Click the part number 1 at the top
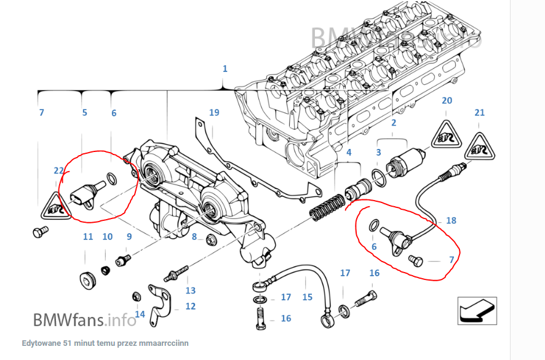[225, 68]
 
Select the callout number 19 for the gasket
[214, 113]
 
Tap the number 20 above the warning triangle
[447, 100]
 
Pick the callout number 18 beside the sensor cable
[451, 220]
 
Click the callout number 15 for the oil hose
[308, 297]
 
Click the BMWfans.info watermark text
[84, 319]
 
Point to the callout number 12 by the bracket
[190, 306]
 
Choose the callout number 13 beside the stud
[190, 290]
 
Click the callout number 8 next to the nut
[194, 237]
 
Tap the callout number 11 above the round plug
[88, 237]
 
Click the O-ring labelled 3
[380, 179]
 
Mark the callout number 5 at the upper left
[85, 113]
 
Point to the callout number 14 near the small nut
[140, 314]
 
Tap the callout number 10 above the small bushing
[108, 237]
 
